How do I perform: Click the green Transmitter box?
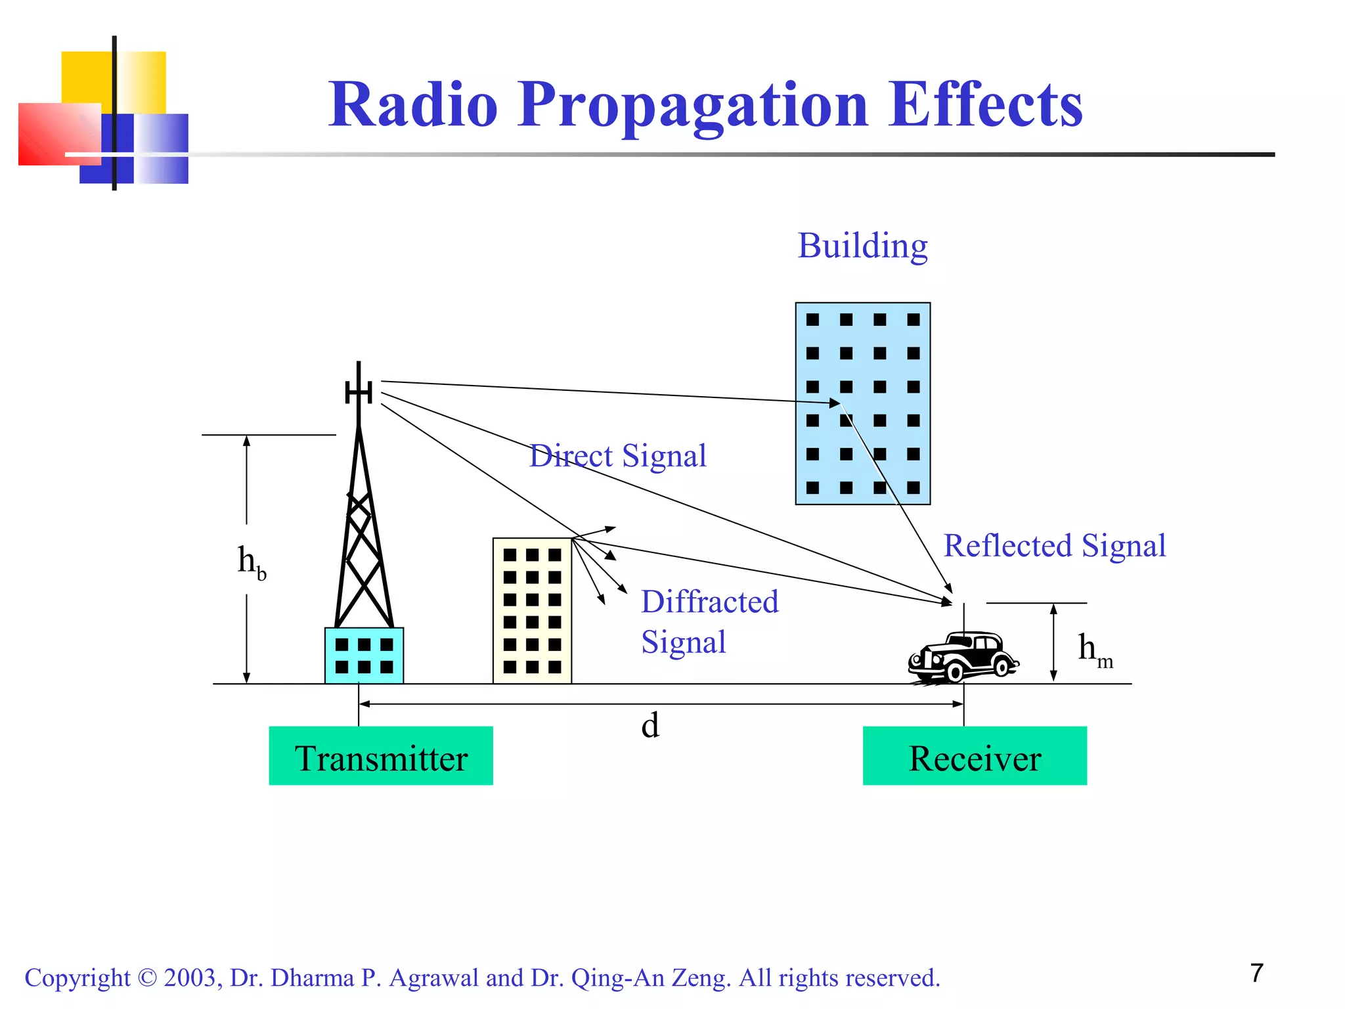pyautogui.click(x=380, y=755)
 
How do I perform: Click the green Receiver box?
pyautogui.click(x=974, y=755)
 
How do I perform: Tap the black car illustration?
pyautogui.click(x=963, y=657)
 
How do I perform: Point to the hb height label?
pyautogui.click(x=252, y=562)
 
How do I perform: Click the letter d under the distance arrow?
pyautogui.click(x=650, y=726)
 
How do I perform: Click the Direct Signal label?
pyautogui.click(x=618, y=456)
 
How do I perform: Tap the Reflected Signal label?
pyautogui.click(x=1054, y=546)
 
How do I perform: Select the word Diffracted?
pyautogui.click(x=709, y=602)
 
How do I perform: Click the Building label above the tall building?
pyautogui.click(x=862, y=246)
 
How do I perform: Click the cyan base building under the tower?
pyautogui.click(x=364, y=656)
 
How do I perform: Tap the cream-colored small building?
pyautogui.click(x=532, y=611)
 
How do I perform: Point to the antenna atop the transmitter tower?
pyautogui.click(x=359, y=392)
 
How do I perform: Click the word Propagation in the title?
pyautogui.click(x=693, y=105)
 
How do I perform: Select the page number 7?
pyautogui.click(x=1256, y=973)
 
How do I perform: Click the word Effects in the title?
pyautogui.click(x=985, y=105)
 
